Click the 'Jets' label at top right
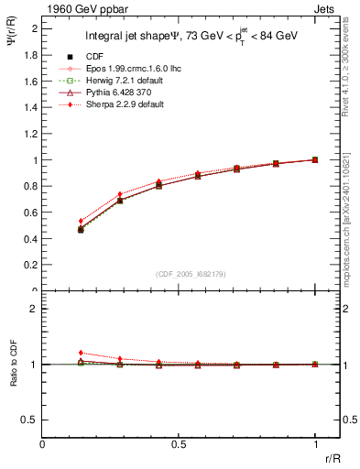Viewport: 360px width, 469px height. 326,8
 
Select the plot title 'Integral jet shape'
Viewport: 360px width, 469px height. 127,38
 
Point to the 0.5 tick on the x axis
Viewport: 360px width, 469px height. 179,443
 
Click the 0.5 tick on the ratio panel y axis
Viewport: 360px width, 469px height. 32,420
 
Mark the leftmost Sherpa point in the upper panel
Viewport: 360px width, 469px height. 82,221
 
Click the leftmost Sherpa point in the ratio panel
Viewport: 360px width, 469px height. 82,353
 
